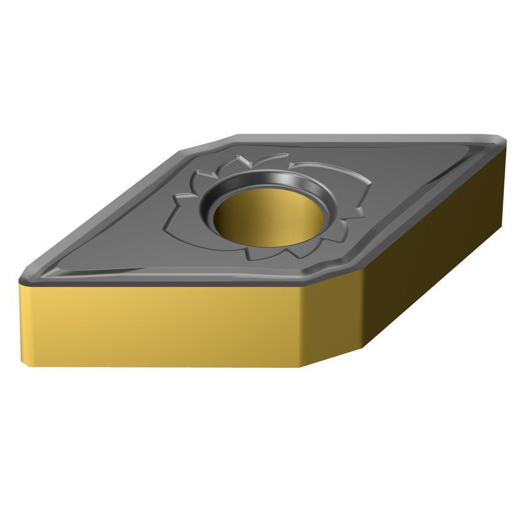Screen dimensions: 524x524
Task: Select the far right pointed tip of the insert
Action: (505, 142)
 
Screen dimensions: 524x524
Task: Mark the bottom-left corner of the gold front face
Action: (28, 366)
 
